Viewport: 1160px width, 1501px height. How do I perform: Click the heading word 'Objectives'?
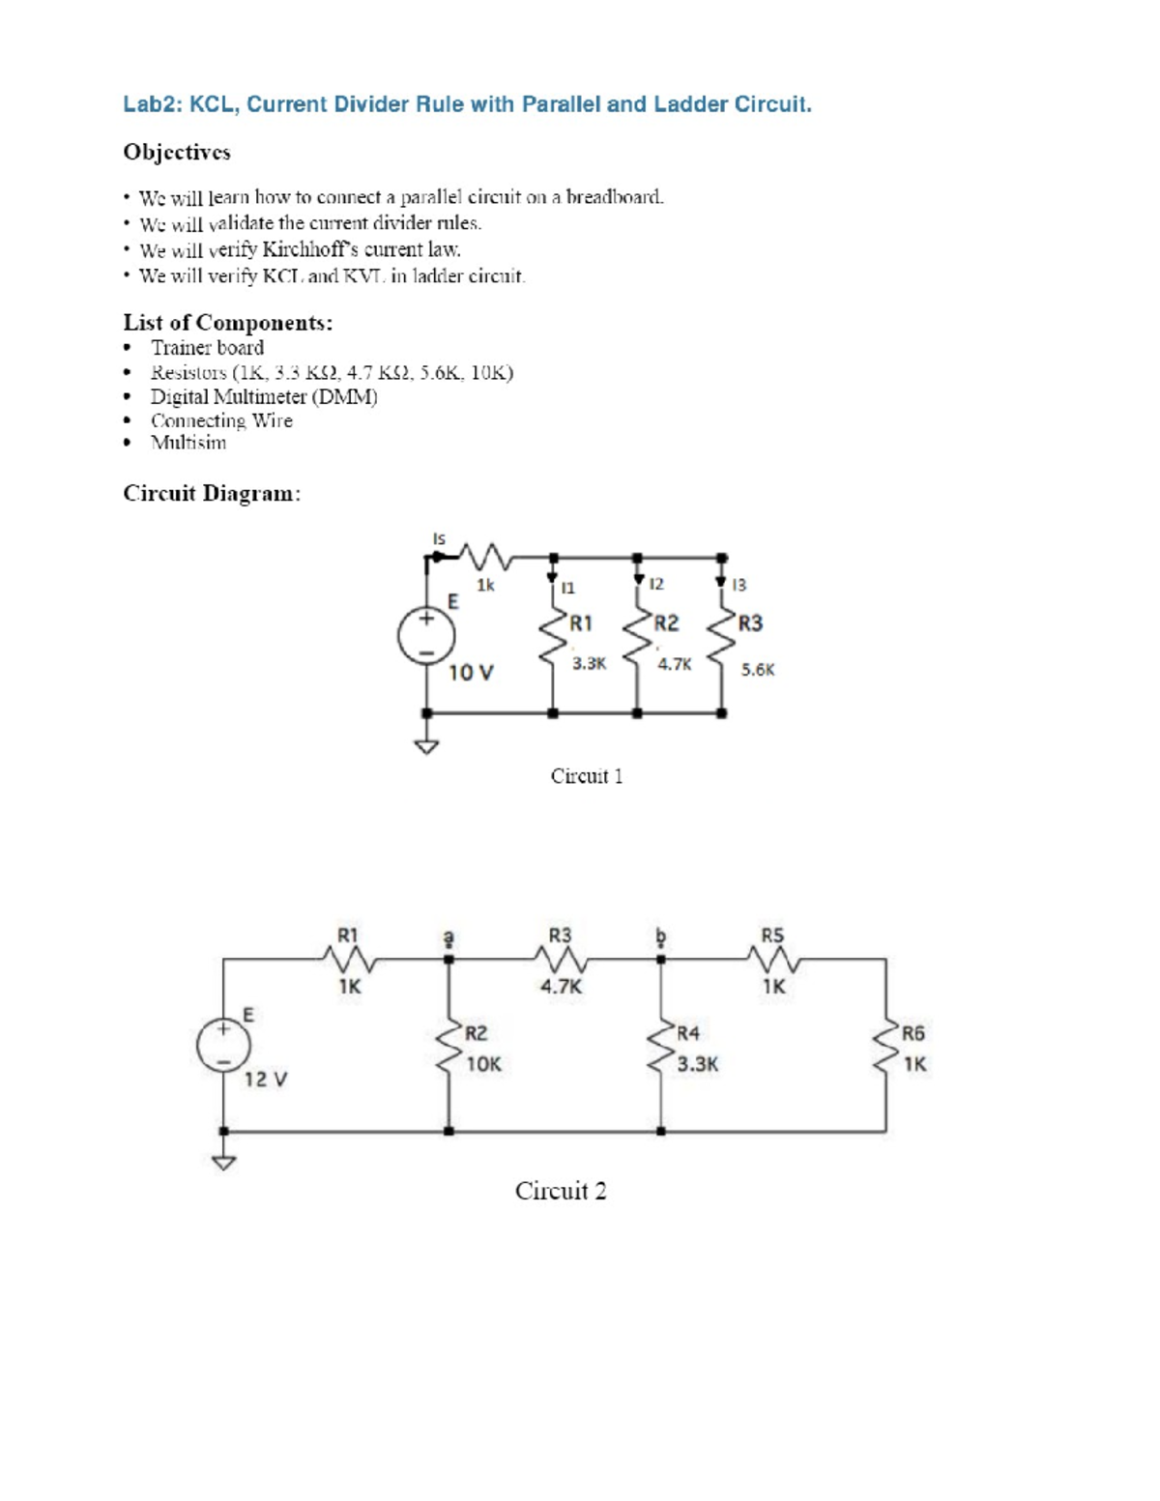177,153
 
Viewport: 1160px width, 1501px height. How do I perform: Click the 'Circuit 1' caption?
587,776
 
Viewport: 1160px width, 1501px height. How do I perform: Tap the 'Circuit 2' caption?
561,1191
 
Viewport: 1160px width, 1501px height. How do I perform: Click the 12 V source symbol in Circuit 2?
224,1045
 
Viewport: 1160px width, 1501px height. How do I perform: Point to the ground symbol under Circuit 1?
426,746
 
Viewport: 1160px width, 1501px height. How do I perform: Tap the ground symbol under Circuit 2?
224,1162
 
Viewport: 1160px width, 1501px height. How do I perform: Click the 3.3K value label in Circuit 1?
589,664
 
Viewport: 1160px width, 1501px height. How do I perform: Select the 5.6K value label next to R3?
758,669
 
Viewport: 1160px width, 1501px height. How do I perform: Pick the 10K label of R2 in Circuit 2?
483,1064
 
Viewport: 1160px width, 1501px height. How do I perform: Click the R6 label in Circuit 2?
913,1033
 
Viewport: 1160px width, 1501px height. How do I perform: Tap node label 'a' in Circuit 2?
448,937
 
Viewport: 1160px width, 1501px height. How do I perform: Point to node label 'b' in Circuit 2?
660,937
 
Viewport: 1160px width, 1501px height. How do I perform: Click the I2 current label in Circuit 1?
656,584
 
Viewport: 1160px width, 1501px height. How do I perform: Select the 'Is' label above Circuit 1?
439,538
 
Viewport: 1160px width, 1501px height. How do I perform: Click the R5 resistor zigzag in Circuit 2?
772,960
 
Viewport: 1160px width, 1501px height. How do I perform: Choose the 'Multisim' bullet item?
188,443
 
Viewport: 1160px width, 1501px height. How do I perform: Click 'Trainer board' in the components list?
207,348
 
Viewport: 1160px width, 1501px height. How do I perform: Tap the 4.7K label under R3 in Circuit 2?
561,987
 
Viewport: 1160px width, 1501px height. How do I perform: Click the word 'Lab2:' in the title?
153,104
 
